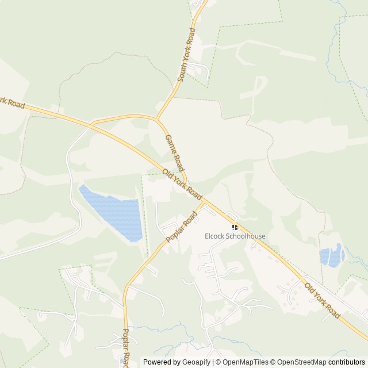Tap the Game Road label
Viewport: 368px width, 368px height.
pyautogui.click(x=174, y=153)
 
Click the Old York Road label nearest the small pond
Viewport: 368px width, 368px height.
pyautogui.click(x=322, y=301)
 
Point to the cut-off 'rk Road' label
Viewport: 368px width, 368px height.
pyautogui.click(x=12, y=102)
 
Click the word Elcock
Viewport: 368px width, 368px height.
pyautogui.click(x=216, y=236)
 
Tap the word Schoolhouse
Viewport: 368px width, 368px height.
pyautogui.click(x=246, y=236)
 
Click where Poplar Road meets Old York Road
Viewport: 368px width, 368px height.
pyautogui.click(x=205, y=202)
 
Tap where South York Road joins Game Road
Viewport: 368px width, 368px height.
pyautogui.click(x=157, y=119)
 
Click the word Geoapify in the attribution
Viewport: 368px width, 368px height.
pyautogui.click(x=197, y=362)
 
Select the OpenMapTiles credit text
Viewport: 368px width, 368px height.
pyautogui.click(x=244, y=362)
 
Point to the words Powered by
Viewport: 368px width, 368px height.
pyautogui.click(x=161, y=362)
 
